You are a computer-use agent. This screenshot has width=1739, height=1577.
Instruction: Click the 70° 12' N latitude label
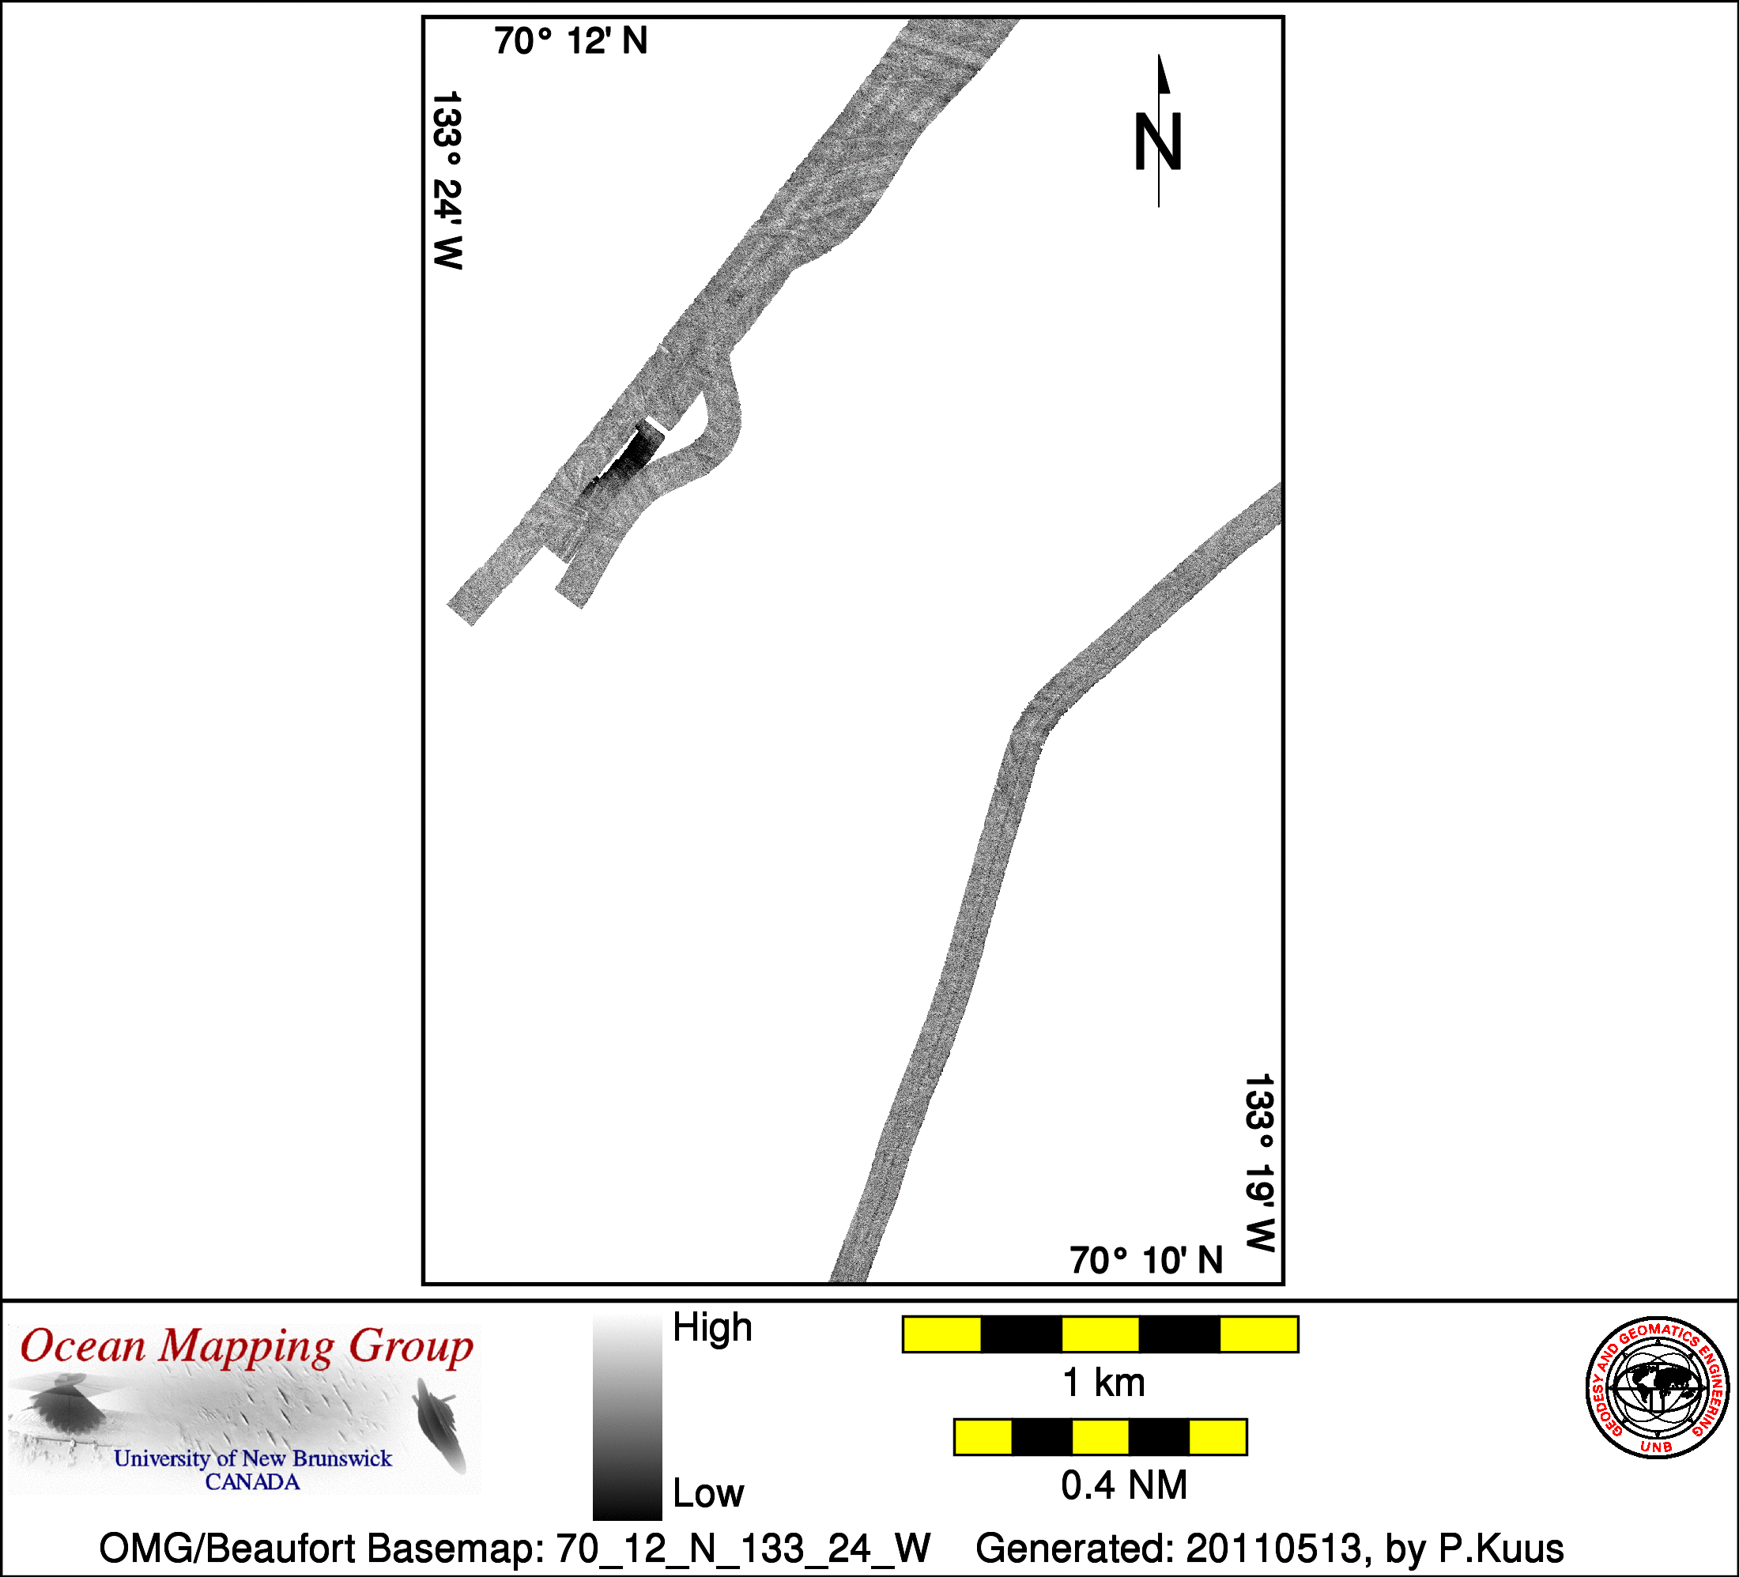coord(570,41)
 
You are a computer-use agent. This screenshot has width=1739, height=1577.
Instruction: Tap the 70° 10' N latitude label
coord(1146,1260)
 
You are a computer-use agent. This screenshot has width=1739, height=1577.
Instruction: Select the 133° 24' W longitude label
coord(447,180)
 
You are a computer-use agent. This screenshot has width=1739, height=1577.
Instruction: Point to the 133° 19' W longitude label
coord(1259,1162)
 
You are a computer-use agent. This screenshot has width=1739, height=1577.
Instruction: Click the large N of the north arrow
coord(1157,142)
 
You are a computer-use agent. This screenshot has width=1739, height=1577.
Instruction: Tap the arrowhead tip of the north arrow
coord(1160,55)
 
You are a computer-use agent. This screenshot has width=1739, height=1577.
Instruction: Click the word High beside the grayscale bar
coord(712,1327)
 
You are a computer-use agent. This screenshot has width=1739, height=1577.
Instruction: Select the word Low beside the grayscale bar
coord(708,1493)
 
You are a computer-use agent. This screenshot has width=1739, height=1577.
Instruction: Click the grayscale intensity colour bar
coord(627,1417)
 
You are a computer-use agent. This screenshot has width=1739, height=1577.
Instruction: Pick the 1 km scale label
coord(1104,1383)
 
